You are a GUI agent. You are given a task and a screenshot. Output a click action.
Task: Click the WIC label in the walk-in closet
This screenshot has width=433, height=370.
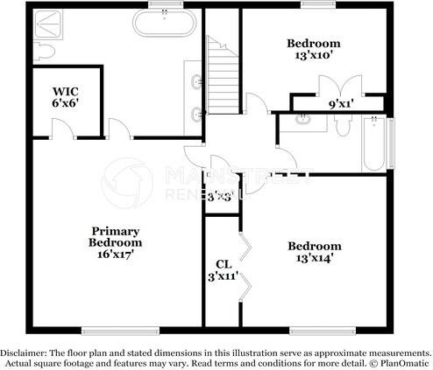[65, 91]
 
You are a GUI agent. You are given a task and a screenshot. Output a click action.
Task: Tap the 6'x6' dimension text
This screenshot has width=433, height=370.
[65, 102]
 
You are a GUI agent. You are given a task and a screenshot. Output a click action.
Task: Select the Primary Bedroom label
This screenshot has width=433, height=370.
[115, 237]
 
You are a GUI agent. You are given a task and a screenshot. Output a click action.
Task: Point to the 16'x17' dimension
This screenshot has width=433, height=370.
[115, 255]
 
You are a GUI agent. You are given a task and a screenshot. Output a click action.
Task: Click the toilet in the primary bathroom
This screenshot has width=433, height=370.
[42, 52]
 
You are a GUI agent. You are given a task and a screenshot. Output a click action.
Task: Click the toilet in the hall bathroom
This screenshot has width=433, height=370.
[344, 127]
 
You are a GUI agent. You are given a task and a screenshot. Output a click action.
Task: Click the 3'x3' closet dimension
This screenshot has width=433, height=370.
[219, 197]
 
